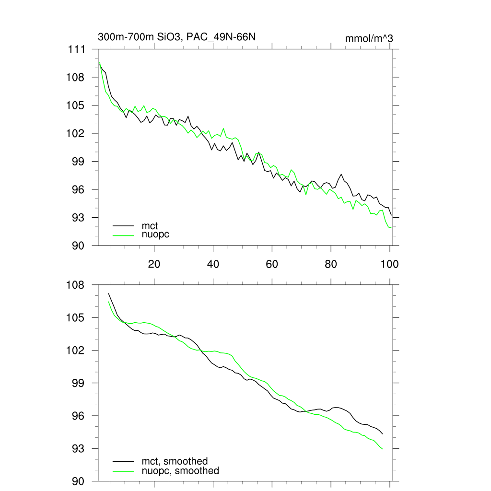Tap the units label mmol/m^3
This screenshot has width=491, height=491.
tap(369, 38)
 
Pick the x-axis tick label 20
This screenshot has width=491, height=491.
tap(154, 264)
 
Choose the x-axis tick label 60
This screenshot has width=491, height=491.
tap(272, 264)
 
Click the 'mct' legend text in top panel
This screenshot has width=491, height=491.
tap(150, 225)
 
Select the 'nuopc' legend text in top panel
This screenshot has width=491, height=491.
tap(155, 234)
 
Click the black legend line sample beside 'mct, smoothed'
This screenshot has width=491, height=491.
tap(123, 462)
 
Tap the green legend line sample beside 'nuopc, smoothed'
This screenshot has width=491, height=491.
tap(123, 471)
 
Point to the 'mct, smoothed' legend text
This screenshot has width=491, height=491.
tap(175, 462)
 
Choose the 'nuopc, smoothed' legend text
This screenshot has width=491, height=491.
tap(180, 471)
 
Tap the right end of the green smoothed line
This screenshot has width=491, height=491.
tap(383, 449)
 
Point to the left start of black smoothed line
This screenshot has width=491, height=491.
tap(109, 293)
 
